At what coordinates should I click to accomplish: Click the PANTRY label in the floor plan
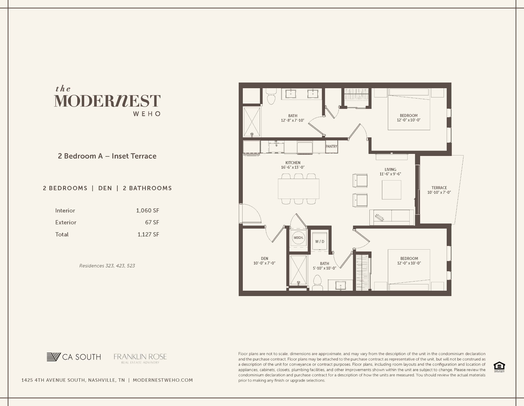[331, 146]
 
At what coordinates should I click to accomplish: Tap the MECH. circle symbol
[298, 238]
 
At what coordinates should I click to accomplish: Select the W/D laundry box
[320, 241]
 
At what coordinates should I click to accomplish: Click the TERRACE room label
[439, 188]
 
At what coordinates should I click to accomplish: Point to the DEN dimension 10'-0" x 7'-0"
[264, 263]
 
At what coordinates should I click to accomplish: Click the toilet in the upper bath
[271, 97]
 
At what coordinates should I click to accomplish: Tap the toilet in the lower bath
[318, 283]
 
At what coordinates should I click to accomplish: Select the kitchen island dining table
[298, 189]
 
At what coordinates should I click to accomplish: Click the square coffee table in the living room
[391, 190]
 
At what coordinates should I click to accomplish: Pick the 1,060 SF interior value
[147, 211]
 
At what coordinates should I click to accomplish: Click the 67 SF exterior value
[152, 222]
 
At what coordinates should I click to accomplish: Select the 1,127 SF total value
[148, 234]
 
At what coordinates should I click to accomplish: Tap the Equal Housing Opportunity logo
[499, 366]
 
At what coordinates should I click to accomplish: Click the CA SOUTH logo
[74, 357]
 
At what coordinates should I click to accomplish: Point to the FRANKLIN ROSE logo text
[140, 357]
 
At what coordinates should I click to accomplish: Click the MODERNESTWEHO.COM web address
[163, 380]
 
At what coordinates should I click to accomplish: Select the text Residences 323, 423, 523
[107, 266]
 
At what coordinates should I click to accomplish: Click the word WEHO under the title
[147, 114]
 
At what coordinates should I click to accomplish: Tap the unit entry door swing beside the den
[250, 214]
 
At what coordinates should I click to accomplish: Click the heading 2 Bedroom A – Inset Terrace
[107, 156]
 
